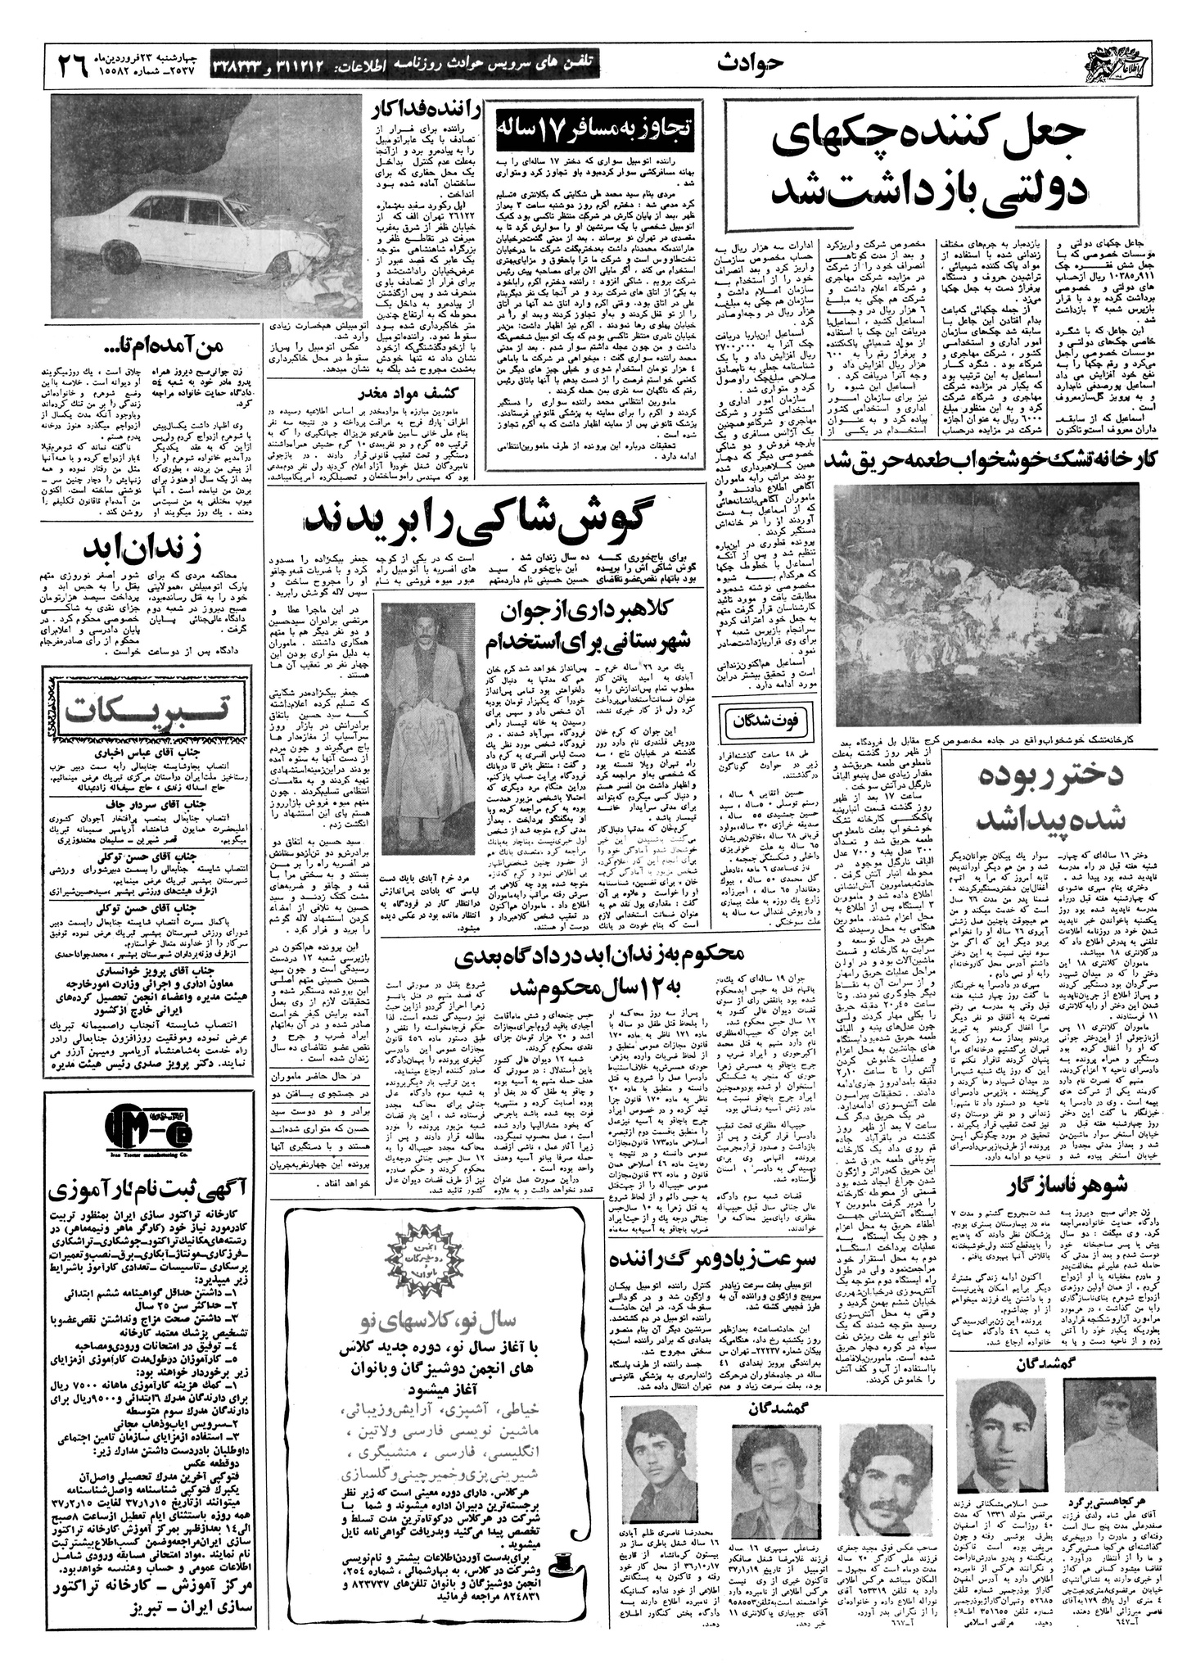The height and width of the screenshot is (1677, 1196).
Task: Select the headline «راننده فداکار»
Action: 420,112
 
